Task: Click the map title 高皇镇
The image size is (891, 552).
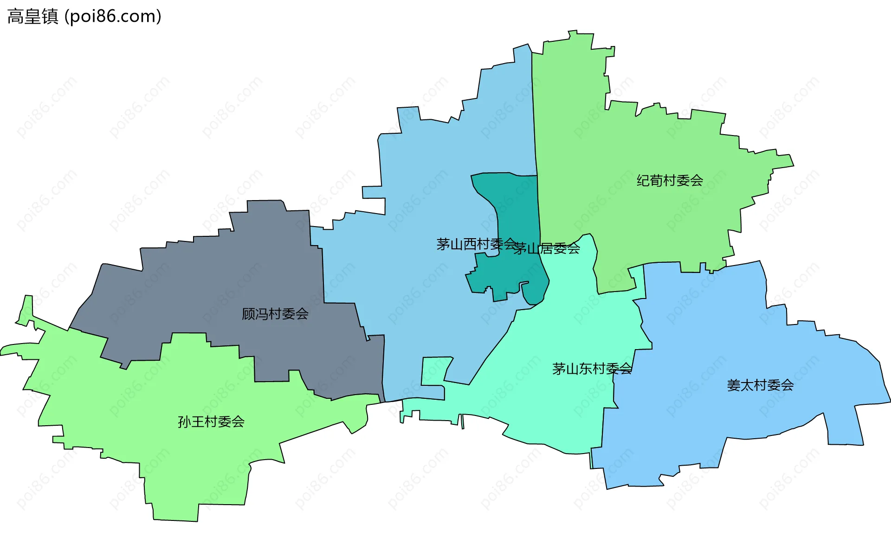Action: [32, 17]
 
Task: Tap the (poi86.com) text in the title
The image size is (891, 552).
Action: [113, 17]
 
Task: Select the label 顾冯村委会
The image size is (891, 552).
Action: [275, 314]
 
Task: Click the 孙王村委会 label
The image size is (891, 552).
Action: [211, 422]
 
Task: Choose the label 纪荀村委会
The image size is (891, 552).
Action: [670, 181]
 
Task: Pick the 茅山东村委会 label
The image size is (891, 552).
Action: [592, 369]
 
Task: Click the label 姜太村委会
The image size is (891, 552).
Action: [760, 385]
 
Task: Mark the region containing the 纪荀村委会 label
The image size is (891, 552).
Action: [650, 139]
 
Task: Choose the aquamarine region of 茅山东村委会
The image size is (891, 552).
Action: [557, 409]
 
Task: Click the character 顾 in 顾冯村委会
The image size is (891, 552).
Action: [248, 314]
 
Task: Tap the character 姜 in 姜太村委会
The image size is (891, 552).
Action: [734, 385]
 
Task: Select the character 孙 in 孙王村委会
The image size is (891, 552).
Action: [184, 422]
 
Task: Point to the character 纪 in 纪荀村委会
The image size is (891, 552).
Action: [643, 181]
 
